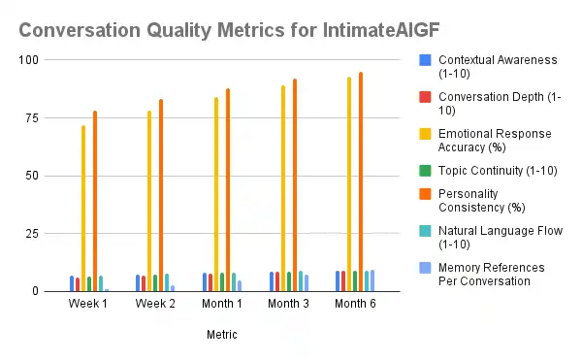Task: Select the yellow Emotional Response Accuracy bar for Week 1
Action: pyautogui.click(x=83, y=209)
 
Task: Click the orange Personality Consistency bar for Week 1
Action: pyautogui.click(x=95, y=201)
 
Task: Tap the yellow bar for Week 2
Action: pyautogui.click(x=149, y=201)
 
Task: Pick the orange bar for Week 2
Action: pyautogui.click(x=161, y=195)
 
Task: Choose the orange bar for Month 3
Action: pyautogui.click(x=295, y=184)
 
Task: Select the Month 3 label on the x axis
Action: pyautogui.click(x=289, y=305)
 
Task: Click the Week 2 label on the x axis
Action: pyautogui.click(x=155, y=305)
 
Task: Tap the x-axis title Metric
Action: pyautogui.click(x=222, y=335)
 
